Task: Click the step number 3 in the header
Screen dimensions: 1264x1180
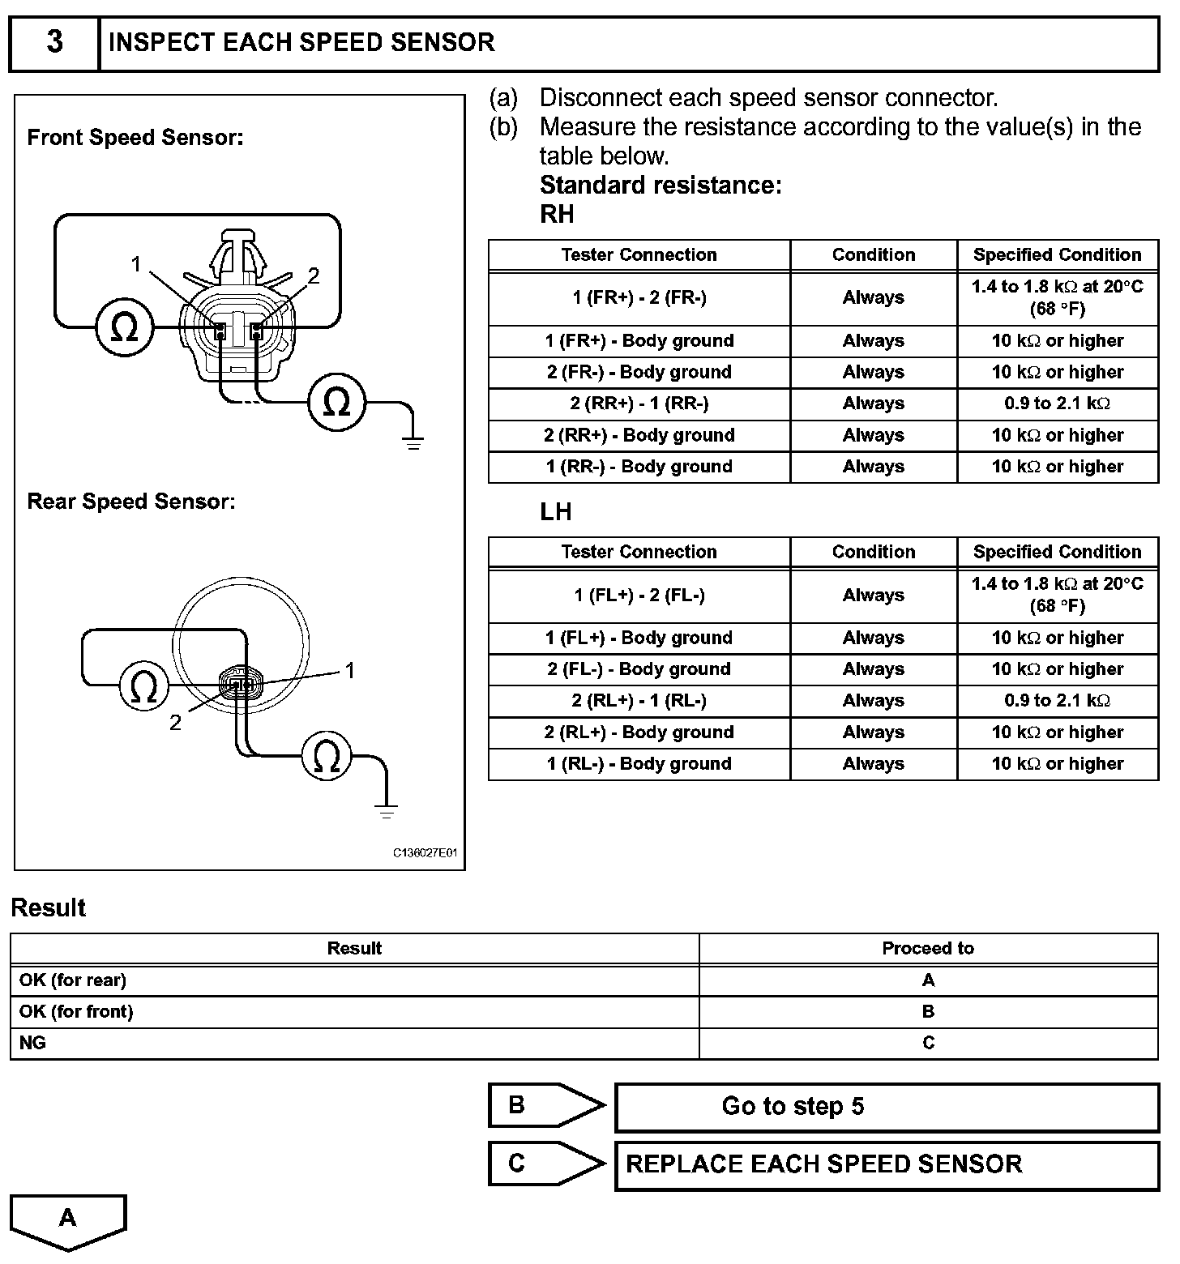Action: [54, 42]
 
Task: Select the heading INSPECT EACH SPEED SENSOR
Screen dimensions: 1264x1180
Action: [301, 42]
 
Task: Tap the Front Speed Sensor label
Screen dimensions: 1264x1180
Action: [135, 137]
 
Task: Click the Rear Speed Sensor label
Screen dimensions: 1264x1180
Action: [131, 502]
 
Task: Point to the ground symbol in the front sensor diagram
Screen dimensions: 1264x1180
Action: [413, 442]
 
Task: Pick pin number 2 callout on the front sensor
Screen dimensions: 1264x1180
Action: [314, 276]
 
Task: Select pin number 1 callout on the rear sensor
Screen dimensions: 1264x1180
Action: [350, 670]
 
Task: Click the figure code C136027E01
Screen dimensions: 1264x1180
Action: [425, 853]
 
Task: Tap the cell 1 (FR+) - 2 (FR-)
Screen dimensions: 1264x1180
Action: [639, 298]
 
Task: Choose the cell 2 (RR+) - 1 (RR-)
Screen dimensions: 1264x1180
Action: [639, 404]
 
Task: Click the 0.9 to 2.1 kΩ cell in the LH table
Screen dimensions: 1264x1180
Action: [1057, 701]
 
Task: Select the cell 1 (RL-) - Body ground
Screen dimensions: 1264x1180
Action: [639, 763]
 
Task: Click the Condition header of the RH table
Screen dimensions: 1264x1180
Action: [874, 254]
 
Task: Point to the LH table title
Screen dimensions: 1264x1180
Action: [556, 512]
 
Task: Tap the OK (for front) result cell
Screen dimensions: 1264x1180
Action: [76, 1011]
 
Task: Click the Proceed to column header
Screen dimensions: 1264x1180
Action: [928, 948]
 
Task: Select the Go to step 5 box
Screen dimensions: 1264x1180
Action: [887, 1107]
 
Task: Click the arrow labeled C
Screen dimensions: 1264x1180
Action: [545, 1164]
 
